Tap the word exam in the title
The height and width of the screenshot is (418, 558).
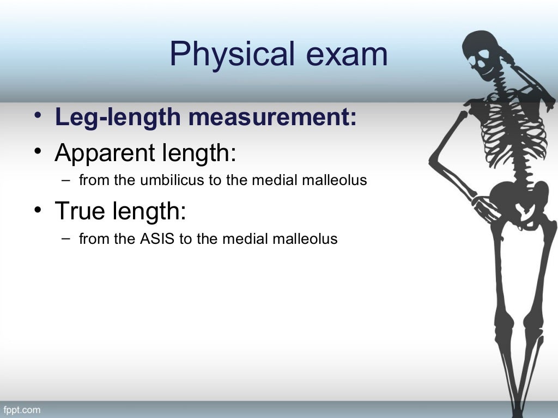(350, 55)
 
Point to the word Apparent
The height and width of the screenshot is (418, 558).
(105, 154)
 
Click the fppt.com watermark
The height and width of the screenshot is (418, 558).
(22, 409)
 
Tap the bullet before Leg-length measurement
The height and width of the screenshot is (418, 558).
(36, 116)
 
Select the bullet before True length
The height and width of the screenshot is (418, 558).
(36, 210)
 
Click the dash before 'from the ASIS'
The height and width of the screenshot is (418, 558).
(66, 238)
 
